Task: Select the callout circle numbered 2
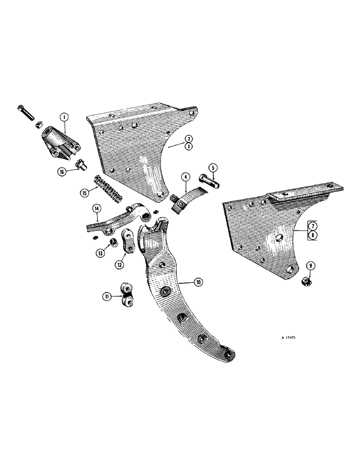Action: [x=188, y=138]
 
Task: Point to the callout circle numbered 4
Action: [x=186, y=178]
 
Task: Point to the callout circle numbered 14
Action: [x=97, y=209]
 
